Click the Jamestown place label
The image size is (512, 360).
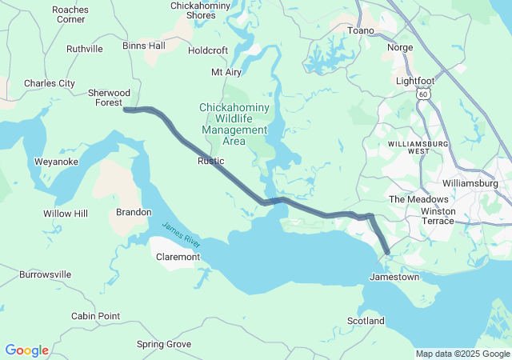click(394, 277)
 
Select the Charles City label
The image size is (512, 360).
click(50, 83)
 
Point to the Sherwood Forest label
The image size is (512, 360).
click(109, 97)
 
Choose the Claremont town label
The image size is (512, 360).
click(178, 258)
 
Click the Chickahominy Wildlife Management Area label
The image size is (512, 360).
click(234, 124)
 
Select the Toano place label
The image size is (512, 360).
click(361, 30)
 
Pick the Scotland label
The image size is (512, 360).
click(366, 321)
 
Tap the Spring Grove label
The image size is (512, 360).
click(164, 344)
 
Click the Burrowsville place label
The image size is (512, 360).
click(46, 274)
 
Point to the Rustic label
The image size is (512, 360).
click(211, 161)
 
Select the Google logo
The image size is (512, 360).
click(27, 350)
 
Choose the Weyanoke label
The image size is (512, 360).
click(56, 162)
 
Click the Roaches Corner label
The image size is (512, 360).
click(70, 14)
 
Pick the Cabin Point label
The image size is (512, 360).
click(95, 316)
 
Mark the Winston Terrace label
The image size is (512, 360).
click(437, 216)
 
